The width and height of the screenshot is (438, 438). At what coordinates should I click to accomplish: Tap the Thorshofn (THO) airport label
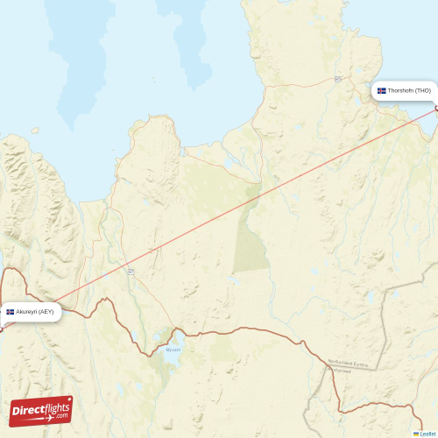pos(404,91)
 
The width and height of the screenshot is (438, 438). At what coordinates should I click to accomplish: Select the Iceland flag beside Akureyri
pos(11,312)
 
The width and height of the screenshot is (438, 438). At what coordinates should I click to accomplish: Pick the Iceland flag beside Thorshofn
pos(382,91)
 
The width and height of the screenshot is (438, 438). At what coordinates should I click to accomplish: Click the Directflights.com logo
pos(41,411)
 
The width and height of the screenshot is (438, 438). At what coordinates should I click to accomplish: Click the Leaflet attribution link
pos(427,434)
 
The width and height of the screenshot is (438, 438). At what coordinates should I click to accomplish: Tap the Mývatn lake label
pos(173,349)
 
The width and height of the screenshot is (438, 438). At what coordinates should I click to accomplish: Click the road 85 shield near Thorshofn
pos(336,79)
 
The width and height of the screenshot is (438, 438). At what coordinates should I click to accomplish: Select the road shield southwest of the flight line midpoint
pos(129,272)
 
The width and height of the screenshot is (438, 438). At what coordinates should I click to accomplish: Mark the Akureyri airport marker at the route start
pos(1,328)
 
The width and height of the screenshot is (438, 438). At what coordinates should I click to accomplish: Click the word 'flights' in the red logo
pos(53,407)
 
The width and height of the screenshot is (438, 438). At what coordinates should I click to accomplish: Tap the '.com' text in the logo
pos(59,416)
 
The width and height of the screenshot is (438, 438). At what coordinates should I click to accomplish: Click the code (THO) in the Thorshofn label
pos(422,91)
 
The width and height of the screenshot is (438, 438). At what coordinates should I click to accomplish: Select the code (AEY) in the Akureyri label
pos(46,311)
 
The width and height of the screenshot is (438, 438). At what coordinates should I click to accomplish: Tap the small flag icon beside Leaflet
pos(416,434)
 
